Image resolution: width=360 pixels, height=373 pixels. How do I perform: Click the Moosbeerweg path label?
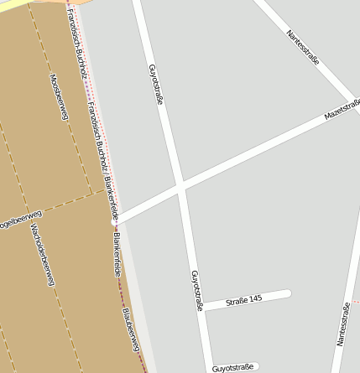click(58, 97)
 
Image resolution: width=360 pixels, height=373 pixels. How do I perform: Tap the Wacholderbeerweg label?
click(42, 255)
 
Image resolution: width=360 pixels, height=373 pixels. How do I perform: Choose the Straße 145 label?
click(244, 299)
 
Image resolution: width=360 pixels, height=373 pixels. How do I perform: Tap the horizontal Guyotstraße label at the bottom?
click(233, 367)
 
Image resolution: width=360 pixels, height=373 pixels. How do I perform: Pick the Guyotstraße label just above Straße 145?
click(197, 290)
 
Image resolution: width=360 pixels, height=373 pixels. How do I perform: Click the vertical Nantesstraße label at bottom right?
click(342, 324)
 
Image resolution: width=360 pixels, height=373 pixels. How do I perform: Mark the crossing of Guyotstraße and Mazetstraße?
click(180, 186)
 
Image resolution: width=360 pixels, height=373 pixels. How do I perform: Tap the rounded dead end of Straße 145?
click(288, 293)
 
